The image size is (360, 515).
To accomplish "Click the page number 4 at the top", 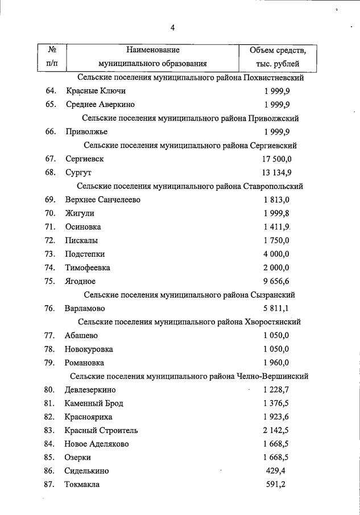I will [172, 27].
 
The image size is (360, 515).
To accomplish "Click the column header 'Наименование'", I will [152, 51].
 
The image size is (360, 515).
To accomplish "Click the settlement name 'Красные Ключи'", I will [96, 91].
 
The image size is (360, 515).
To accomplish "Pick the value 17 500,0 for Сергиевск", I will [278, 159].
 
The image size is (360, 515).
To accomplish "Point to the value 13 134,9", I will [278, 172].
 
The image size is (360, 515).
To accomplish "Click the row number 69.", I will [50, 200].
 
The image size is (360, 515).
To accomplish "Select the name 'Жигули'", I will [80, 213].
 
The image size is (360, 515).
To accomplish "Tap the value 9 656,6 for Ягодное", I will [277, 281].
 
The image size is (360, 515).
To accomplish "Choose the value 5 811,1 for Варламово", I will [277, 308].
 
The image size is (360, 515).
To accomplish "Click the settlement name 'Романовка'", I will [85, 362].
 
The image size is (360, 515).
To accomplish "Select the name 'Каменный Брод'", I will [94, 403].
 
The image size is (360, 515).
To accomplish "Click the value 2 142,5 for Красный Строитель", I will [277, 430].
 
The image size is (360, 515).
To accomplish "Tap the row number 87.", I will [50, 484].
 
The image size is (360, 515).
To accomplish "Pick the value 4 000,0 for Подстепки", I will [277, 254].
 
